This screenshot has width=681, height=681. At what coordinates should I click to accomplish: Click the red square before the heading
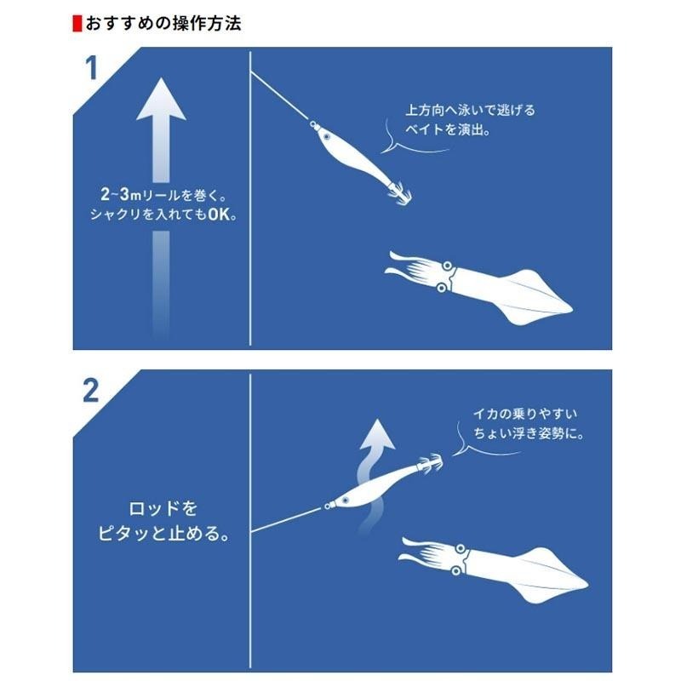76,23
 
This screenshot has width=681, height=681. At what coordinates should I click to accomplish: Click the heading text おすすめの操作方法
162,23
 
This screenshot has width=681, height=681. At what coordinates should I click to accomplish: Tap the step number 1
92,69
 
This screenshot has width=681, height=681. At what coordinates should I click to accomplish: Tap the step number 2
92,391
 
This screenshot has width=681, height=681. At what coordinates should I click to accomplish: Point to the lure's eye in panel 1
324,133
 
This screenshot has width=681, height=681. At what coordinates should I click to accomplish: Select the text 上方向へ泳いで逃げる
470,111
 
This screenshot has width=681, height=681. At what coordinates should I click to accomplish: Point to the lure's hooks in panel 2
430,464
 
